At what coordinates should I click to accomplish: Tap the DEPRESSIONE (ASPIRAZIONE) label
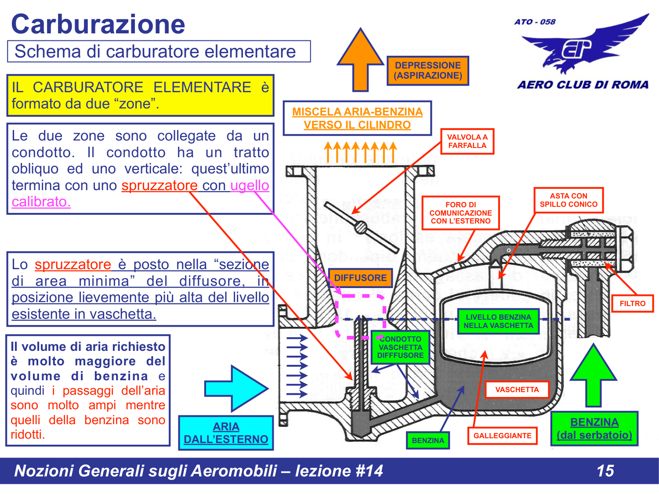[427, 70]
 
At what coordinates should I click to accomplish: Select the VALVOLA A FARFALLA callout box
[467, 141]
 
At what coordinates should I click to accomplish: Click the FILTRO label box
[632, 303]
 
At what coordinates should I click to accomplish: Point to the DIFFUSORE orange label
[360, 278]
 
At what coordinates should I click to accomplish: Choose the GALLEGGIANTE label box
[502, 436]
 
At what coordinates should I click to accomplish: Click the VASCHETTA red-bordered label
[517, 389]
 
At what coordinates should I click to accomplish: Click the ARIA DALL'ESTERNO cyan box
[226, 433]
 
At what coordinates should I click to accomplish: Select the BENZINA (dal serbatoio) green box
[594, 429]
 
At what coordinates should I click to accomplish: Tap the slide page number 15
[605, 471]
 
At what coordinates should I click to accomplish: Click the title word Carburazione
[98, 24]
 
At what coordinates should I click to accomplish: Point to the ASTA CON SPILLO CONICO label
[568, 200]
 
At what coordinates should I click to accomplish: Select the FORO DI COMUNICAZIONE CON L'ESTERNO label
[460, 213]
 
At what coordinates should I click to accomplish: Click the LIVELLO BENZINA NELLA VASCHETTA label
[498, 321]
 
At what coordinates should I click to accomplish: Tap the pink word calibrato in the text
[41, 202]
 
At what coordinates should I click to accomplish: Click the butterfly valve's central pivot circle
[361, 227]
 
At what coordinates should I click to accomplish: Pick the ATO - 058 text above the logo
[535, 22]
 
